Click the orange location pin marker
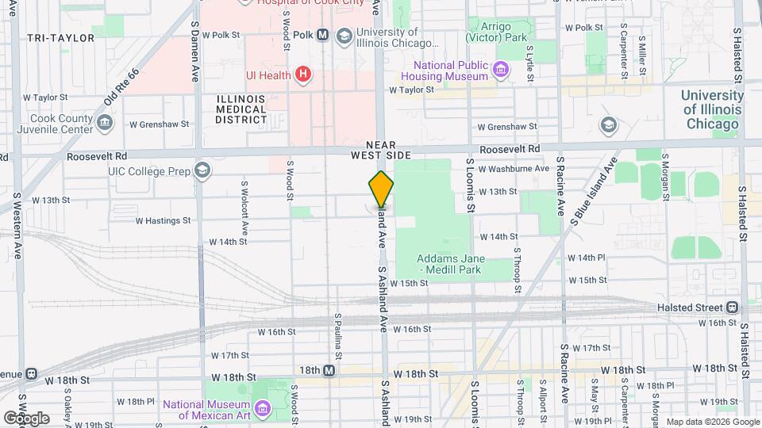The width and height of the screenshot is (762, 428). (381, 189)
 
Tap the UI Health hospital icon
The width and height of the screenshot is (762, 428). (302, 75)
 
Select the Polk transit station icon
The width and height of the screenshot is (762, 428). (323, 35)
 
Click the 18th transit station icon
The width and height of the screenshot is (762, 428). (329, 370)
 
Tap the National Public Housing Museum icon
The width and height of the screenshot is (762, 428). (501, 70)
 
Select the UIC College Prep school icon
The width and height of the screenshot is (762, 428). (202, 170)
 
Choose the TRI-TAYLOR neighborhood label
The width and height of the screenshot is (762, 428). (56, 37)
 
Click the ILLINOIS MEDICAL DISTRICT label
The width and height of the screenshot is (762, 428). (241, 109)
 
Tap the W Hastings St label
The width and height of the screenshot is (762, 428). (163, 221)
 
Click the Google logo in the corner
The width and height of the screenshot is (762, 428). (26, 418)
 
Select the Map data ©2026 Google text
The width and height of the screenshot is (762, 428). (711, 422)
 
